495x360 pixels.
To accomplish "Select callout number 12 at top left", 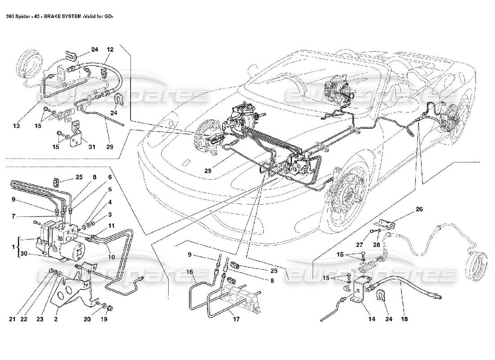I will tap(110, 49).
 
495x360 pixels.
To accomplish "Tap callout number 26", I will tap(419, 209).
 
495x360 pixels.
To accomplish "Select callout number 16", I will tap(189, 272).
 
